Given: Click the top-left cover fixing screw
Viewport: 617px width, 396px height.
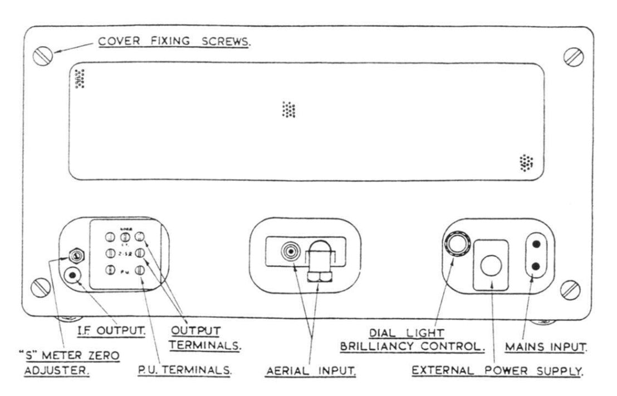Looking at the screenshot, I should coord(43,55).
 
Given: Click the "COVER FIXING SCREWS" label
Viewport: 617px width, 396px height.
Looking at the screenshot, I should coord(174,42).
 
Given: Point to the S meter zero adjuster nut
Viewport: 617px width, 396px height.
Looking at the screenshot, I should coord(74,256).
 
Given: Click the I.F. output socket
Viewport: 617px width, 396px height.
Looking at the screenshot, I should coord(72,275).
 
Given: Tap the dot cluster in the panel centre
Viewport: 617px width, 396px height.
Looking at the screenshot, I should coord(288,110).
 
